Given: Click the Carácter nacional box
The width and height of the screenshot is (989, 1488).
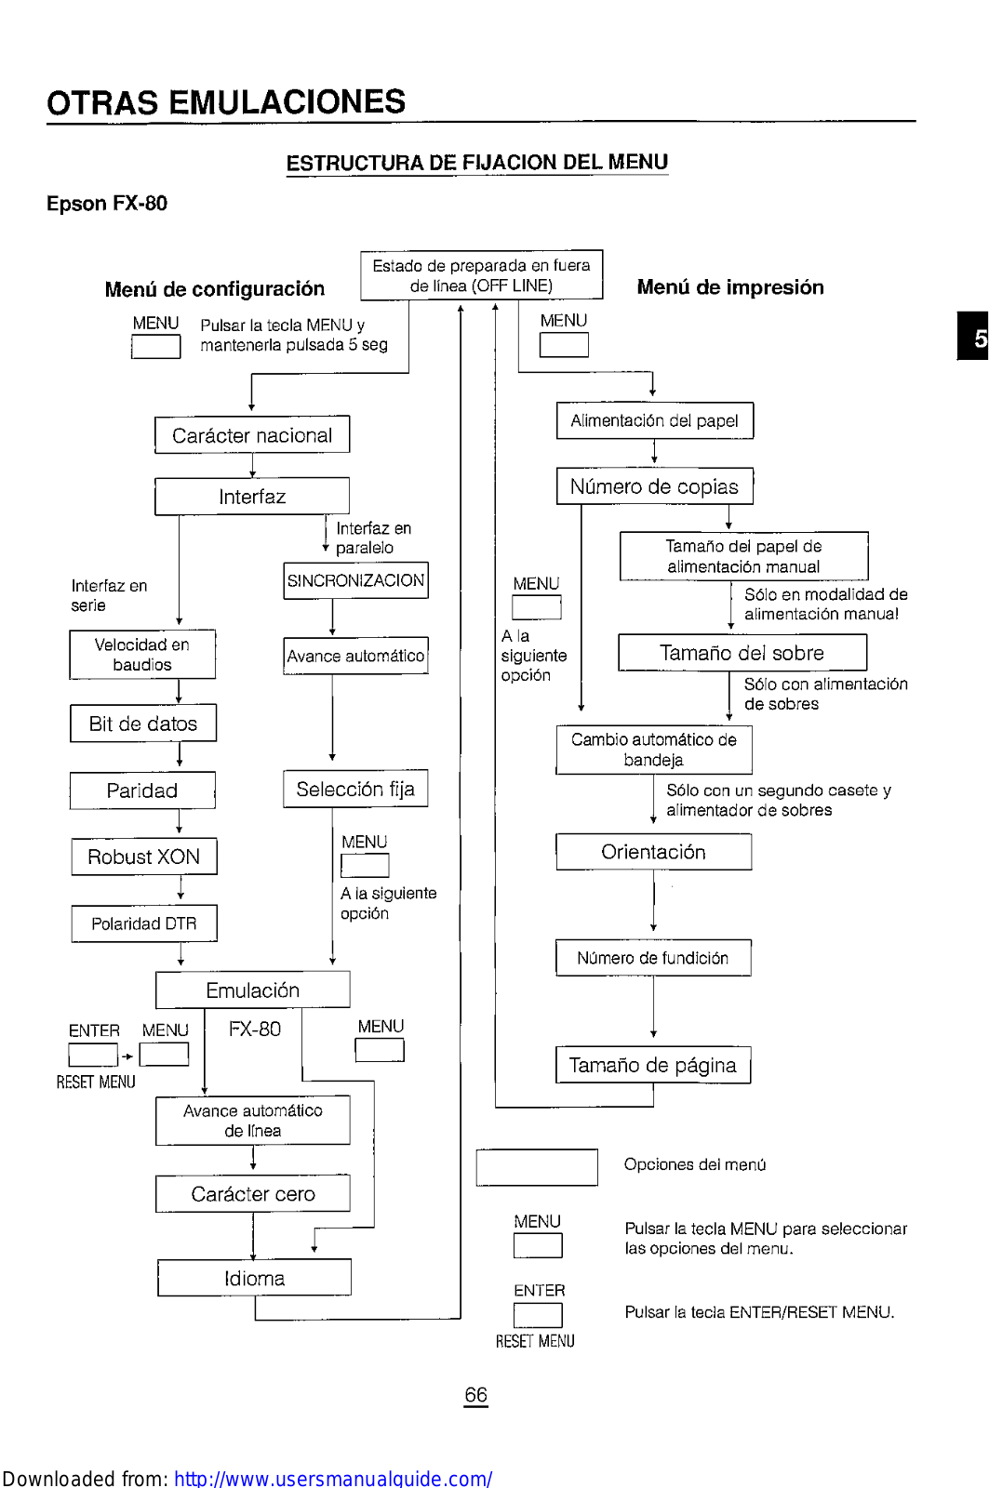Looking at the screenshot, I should (252, 435).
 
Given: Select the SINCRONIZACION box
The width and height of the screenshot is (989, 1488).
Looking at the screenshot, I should (355, 580).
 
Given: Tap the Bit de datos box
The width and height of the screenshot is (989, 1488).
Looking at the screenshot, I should (143, 724).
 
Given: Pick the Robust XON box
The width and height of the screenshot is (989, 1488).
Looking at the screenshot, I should (144, 857).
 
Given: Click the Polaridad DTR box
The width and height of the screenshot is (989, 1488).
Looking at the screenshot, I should (144, 923).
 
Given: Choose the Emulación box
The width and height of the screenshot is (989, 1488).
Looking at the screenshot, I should (252, 990).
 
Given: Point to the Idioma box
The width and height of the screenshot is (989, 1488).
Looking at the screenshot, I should (254, 1278).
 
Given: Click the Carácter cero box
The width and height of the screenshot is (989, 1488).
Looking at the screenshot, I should (252, 1194).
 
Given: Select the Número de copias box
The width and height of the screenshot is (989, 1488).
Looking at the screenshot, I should (654, 486).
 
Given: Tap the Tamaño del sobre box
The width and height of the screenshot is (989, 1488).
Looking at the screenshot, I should (742, 653).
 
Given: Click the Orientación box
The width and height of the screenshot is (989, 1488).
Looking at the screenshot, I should (653, 852).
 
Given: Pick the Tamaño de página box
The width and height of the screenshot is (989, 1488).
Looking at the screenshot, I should (652, 1065).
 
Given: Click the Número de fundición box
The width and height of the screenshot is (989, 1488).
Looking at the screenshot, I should (652, 958).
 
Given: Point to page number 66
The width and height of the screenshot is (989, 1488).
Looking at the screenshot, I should (475, 1395).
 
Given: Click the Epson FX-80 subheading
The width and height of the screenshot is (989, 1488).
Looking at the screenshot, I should (107, 204).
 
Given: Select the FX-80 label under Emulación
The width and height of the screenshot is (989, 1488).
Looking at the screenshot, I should (254, 1030).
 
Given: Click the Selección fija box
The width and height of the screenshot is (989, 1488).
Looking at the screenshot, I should (355, 790).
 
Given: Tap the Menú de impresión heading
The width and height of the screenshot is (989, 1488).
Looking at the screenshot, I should (729, 287).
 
